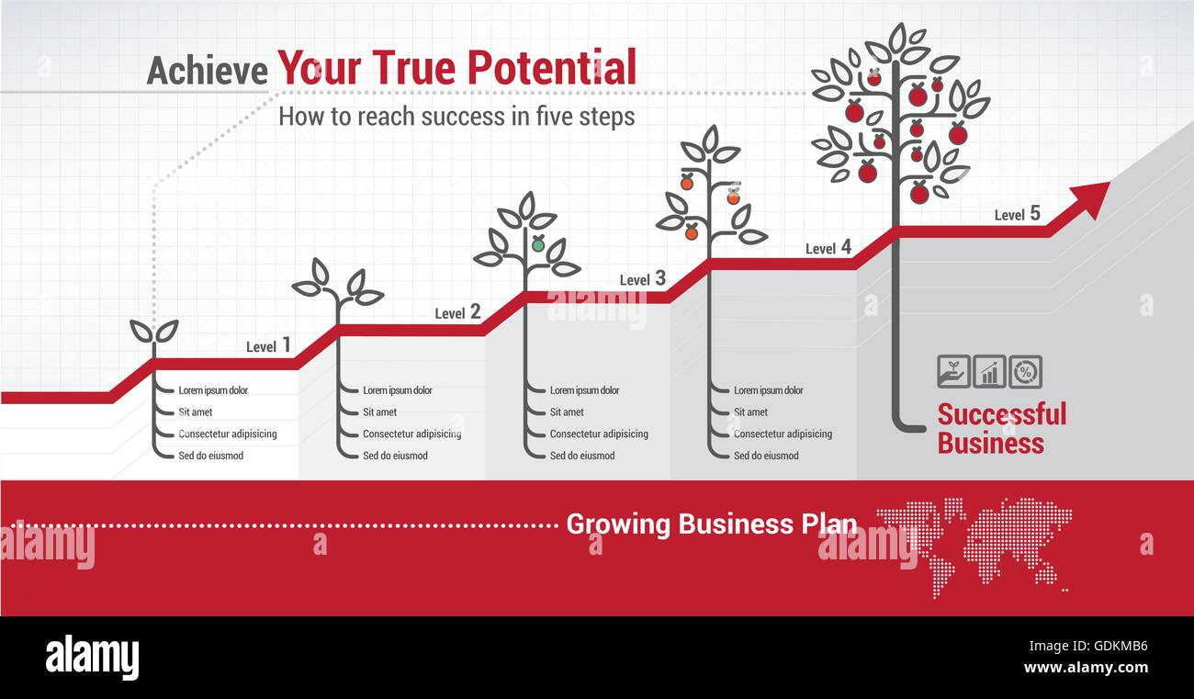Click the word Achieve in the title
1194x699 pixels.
[x=207, y=71]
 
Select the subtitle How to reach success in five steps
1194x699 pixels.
[x=456, y=117]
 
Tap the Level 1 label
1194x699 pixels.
[x=268, y=345]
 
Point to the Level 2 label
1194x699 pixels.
[x=457, y=312]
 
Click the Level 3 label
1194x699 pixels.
[x=642, y=278]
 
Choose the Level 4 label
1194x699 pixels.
[x=828, y=247]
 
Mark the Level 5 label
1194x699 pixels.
[x=1017, y=214]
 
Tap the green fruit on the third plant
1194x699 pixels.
[x=538, y=244]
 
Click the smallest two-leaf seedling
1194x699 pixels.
[x=153, y=331]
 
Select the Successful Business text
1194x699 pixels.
[x=1001, y=428]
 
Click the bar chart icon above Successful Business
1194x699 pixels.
[x=989, y=372]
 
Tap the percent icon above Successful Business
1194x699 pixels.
[x=1025, y=372]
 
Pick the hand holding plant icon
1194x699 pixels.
[x=953, y=372]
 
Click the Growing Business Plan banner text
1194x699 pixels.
[x=711, y=524]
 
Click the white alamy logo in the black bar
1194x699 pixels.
[x=92, y=658]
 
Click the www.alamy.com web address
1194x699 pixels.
[x=1086, y=668]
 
